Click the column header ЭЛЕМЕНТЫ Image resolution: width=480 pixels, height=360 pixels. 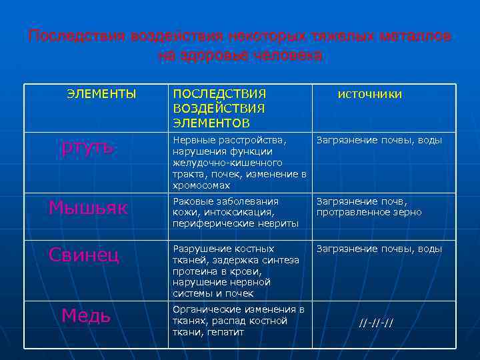pyautogui.click(x=101, y=94)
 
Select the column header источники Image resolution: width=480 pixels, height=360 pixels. pyautogui.click(x=369, y=94)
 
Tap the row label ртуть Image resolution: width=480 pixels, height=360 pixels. pyautogui.click(x=87, y=146)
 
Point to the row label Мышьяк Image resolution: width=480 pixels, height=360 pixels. pyautogui.click(x=87, y=207)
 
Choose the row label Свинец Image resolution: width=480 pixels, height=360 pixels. pyautogui.click(x=84, y=254)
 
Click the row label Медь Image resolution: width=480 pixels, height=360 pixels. pyautogui.click(x=86, y=315)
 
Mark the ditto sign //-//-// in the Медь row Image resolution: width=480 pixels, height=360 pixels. pyautogui.click(x=376, y=323)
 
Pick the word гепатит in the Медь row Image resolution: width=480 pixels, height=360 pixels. pyautogui.click(x=225, y=332)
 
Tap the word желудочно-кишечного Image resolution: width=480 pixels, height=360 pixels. pyautogui.click(x=227, y=163)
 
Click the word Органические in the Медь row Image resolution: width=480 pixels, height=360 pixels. pyautogui.click(x=204, y=309)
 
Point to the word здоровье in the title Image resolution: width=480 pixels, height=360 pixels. pyautogui.click(x=216, y=55)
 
